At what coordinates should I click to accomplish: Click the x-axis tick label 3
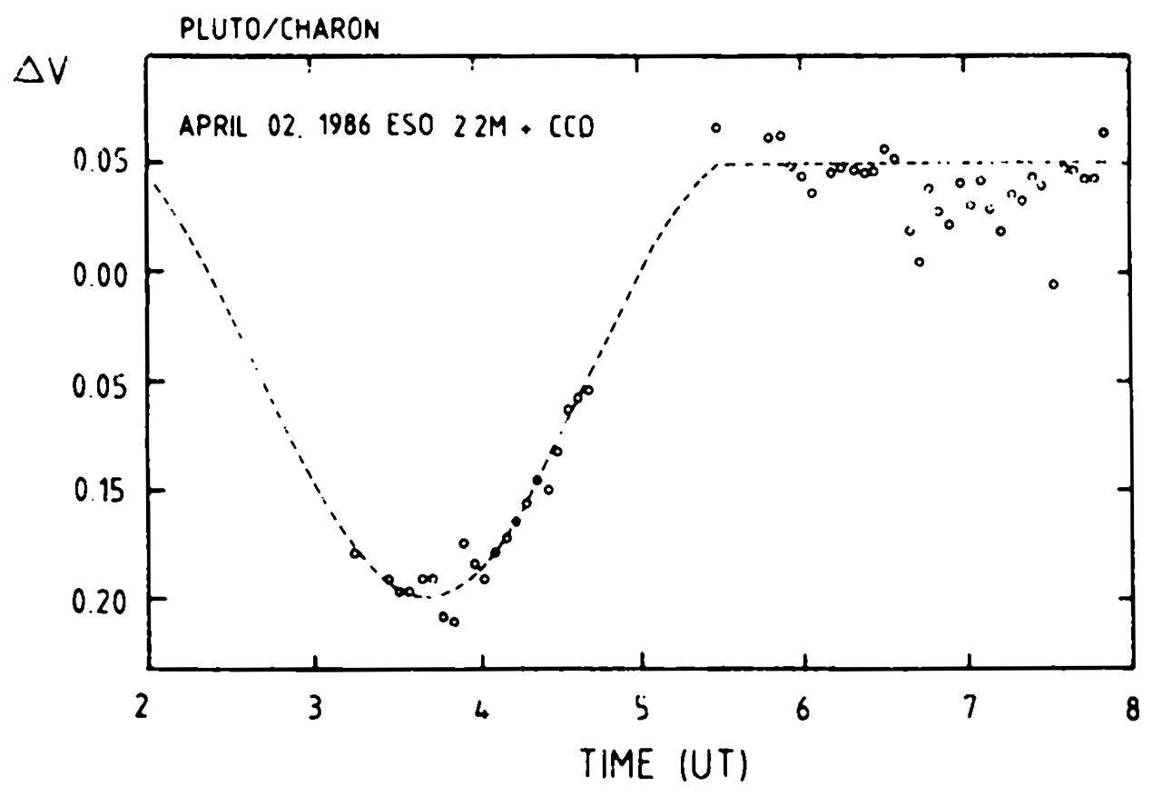point(314,709)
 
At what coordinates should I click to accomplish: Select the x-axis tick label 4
point(481,709)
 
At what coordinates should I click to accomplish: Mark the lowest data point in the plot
point(454,622)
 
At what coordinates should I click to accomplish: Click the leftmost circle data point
point(356,553)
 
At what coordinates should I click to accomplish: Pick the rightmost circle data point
point(1104,133)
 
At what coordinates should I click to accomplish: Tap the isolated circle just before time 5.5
point(716,128)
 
